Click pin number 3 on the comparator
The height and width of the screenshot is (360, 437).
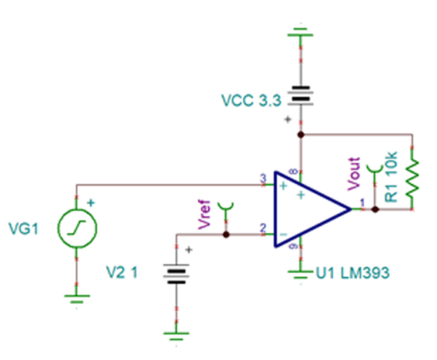tap(262, 178)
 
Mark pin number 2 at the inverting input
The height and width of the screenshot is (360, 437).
tap(262, 228)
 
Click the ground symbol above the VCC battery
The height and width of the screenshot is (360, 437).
tap(301, 33)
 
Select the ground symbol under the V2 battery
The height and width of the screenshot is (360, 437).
tap(178, 334)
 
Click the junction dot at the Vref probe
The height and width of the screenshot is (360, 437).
tap(225, 234)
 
